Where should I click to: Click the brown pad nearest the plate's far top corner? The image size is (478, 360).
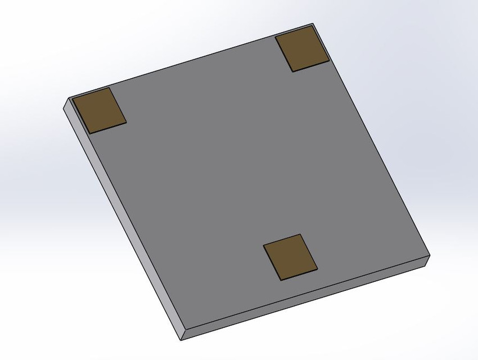coord(302,49)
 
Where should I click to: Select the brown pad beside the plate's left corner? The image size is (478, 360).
coord(100,110)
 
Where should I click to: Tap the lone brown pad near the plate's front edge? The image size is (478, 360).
coord(290,257)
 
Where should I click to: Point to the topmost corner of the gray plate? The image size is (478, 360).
coord(312,24)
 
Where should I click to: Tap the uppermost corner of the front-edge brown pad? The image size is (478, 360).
coord(300,235)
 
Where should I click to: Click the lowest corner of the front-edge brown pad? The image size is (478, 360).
coord(281,280)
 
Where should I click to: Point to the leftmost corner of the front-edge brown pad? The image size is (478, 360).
coord(263,246)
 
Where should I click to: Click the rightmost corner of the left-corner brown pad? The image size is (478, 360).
coord(126,121)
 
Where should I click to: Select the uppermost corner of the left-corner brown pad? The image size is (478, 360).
coord(110,88)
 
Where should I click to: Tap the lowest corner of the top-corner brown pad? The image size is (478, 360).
coord(292,71)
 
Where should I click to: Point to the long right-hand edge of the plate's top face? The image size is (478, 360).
coord(371,141)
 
